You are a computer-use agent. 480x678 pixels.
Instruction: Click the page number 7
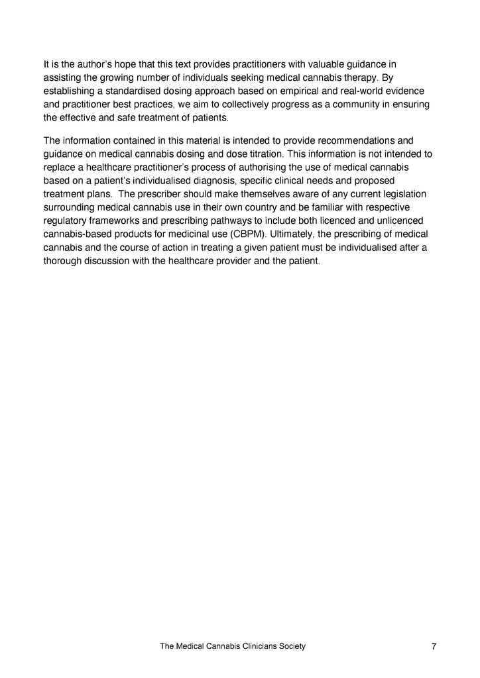434,647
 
